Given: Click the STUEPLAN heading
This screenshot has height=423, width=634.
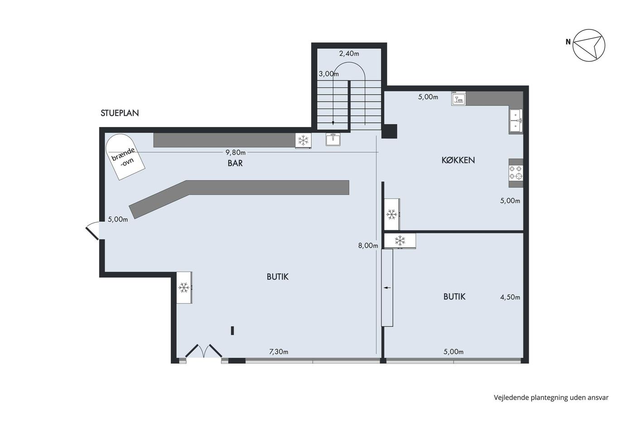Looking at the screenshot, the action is tap(120, 113).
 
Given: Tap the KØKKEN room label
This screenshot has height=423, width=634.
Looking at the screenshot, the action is tap(458, 160).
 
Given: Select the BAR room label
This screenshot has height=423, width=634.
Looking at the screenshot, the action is tap(235, 163).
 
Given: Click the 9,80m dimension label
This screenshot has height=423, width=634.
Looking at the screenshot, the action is tap(235, 152).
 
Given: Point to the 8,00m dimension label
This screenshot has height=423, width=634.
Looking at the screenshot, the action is tap(368, 246).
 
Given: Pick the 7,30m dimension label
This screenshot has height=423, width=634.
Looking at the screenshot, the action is tap(279, 352).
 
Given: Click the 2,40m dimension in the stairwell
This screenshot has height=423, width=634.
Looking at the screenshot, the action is tap(349, 53).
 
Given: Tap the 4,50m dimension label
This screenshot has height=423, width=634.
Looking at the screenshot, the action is tap(510, 297).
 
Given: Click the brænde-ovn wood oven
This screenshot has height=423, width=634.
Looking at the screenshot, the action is tap(125, 157).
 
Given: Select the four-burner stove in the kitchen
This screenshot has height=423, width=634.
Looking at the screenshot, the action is tap(516, 173).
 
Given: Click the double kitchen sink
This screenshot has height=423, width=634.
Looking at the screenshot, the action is tap(516, 121).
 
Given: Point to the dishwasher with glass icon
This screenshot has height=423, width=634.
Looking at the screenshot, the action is tap(458, 98).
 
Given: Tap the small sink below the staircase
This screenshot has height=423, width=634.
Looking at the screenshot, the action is tap(333, 139).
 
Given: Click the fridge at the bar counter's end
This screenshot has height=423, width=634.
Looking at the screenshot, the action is tap(303, 141).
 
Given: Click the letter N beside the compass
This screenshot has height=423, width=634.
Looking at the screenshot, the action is tap(568, 42).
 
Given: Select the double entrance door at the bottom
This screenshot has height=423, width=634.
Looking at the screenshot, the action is tap(203, 351).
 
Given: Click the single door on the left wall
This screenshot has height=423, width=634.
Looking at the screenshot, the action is tap(93, 231).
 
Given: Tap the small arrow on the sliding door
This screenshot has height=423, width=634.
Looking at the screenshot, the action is tap(387, 288).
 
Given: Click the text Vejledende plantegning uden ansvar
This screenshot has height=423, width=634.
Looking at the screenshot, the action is tap(551, 398).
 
